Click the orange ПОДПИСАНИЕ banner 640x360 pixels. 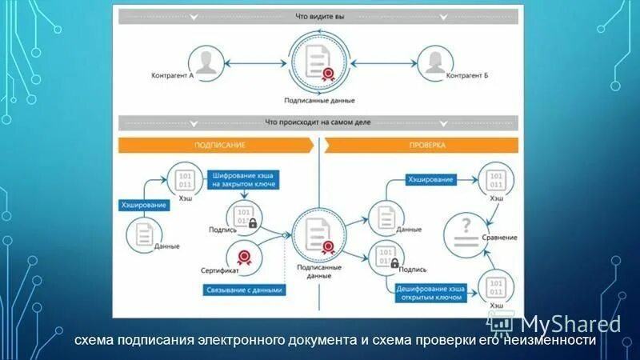click(216, 146)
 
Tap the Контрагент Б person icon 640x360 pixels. click(432, 63)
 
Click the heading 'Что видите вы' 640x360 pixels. click(319, 17)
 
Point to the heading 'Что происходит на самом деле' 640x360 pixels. click(319, 122)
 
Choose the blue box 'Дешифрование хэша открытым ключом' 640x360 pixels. click(430, 291)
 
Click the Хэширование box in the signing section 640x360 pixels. click(145, 206)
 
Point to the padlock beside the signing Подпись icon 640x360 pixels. click(253, 223)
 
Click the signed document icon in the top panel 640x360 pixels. click(319, 63)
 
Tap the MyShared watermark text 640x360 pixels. click(570, 323)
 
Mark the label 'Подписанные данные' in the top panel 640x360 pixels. click(319, 101)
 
